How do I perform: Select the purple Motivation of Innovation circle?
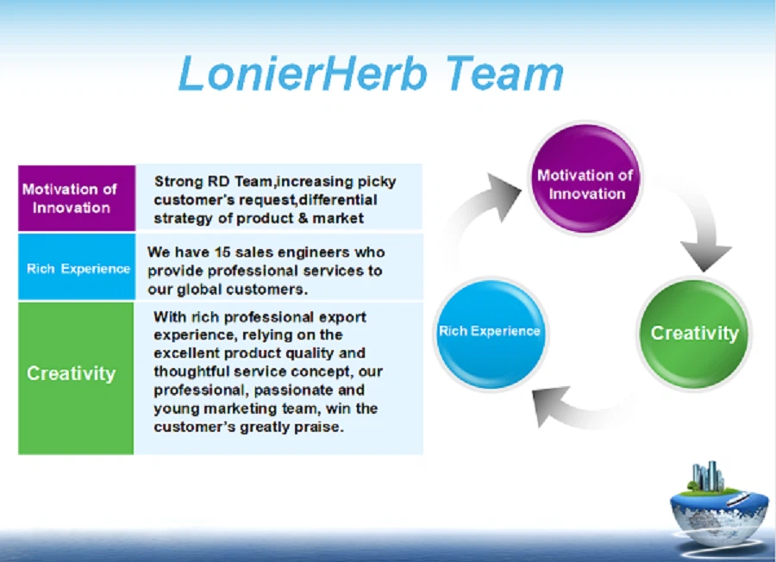tap(585, 178)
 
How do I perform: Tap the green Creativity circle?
tap(694, 334)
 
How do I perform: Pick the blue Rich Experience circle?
tap(490, 332)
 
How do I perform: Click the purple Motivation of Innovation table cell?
tap(77, 198)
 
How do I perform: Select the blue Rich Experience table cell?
tap(77, 268)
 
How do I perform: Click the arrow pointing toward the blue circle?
tap(573, 405)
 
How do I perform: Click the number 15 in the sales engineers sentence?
tap(228, 253)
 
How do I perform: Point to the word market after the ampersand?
tap(338, 218)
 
